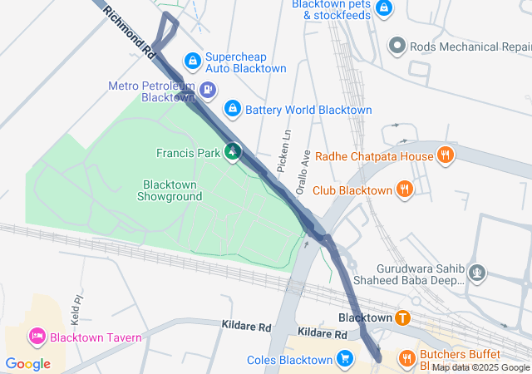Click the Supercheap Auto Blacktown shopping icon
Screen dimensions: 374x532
click(192, 61)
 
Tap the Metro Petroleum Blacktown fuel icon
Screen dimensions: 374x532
click(209, 89)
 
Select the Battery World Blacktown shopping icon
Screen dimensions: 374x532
click(233, 109)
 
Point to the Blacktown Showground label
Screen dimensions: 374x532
click(172, 190)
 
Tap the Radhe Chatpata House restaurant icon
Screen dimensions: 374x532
click(446, 155)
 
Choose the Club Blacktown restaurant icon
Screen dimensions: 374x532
click(405, 189)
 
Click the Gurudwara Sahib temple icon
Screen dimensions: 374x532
click(477, 271)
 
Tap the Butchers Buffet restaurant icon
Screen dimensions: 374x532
click(406, 358)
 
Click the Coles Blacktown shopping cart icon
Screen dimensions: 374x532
click(345, 359)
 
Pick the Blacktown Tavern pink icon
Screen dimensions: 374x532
click(37, 337)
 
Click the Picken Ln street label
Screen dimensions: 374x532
click(283, 150)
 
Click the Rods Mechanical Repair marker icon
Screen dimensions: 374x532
click(397, 46)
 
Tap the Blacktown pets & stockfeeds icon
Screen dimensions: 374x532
click(383, 8)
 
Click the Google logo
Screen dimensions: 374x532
click(27, 364)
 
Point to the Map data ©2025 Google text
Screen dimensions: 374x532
click(480, 367)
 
